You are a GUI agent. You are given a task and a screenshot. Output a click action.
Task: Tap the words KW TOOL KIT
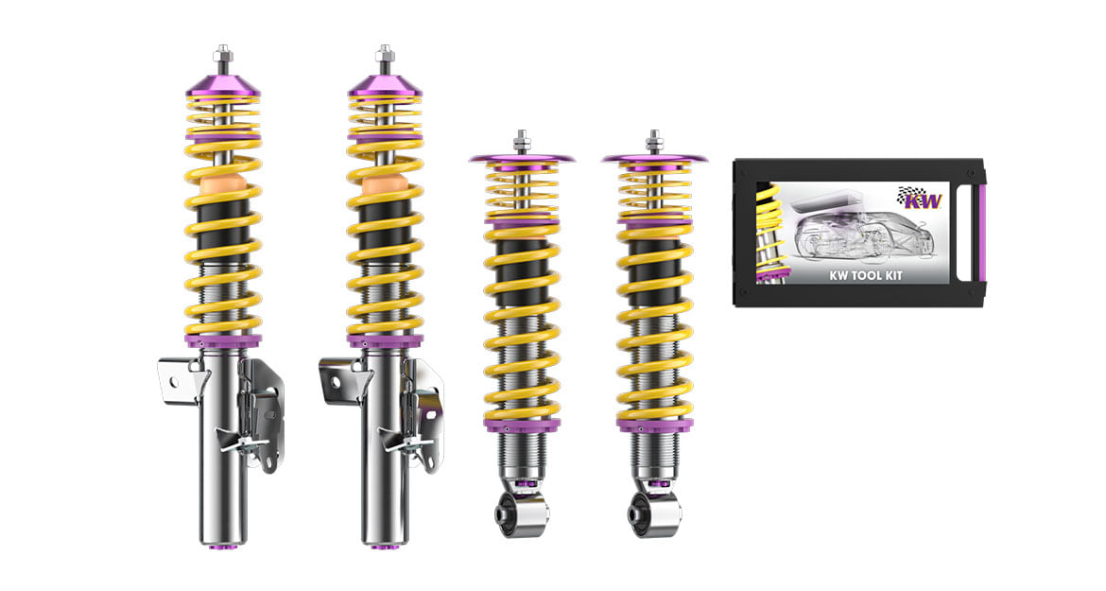tap(865, 275)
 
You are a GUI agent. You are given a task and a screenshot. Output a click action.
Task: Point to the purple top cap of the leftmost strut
tap(223, 84)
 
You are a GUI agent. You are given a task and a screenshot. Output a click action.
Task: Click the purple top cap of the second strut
tap(385, 84)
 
